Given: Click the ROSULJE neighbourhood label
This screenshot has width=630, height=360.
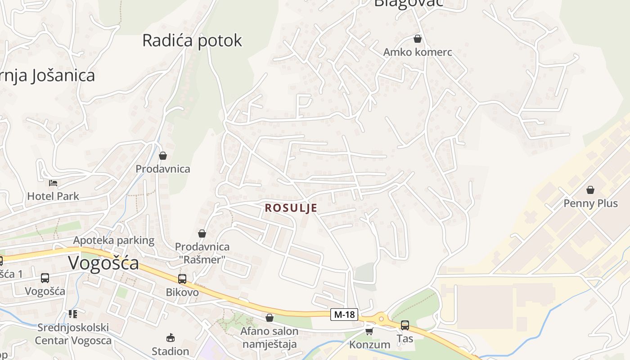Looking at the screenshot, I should (291, 208).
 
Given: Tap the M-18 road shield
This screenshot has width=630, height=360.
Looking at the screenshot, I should (345, 315).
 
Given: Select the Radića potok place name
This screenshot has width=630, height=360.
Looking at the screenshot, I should (192, 40).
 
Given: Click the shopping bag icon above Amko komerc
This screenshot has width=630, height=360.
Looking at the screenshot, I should (418, 39).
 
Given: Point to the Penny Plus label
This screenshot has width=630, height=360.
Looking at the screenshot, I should (590, 203).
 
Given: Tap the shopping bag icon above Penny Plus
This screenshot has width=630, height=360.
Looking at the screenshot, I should (590, 190).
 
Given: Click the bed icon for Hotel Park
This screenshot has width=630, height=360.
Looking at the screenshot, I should (53, 183).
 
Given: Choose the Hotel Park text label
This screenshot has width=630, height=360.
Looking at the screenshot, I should (53, 196).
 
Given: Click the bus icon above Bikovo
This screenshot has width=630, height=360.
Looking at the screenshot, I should (182, 279).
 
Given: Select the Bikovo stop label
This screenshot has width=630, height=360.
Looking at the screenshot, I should (182, 292).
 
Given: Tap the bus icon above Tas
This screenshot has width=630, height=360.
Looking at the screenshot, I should (405, 325).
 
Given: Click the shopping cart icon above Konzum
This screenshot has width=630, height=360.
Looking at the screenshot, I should (369, 331).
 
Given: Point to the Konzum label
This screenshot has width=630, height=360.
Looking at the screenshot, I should (370, 345).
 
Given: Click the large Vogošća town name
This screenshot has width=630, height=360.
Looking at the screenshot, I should (103, 263).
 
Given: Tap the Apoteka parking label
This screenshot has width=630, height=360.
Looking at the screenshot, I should (114, 240).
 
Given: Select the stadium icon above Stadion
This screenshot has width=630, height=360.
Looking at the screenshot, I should (171, 337).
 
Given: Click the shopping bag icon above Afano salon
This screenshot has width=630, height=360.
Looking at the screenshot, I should (270, 318).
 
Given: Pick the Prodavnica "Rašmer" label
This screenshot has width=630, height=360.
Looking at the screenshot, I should (202, 253).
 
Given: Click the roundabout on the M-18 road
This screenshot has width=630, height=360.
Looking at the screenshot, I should (382, 319).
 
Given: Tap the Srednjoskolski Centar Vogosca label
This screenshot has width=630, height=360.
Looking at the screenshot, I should (73, 333).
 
